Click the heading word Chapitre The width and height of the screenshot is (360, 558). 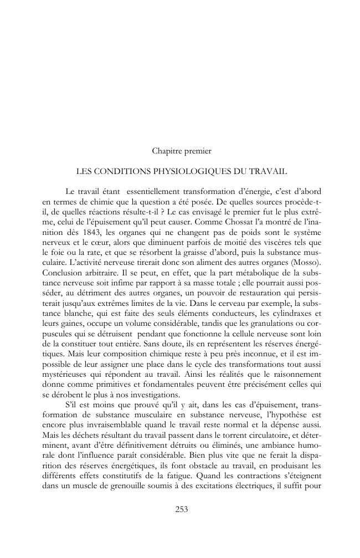point(164,150)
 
